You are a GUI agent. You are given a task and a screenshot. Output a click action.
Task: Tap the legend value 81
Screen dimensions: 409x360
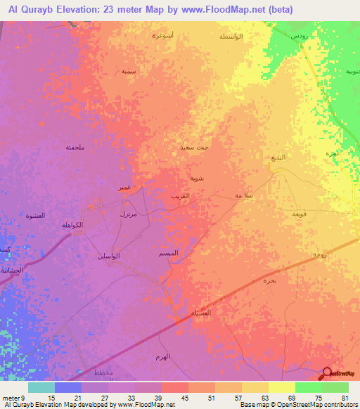tap(345, 397)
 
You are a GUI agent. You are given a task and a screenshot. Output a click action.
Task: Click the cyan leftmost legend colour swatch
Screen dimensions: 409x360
tap(41, 387)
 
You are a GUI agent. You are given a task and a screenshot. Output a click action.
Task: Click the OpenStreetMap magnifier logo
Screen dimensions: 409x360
tap(328, 375)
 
